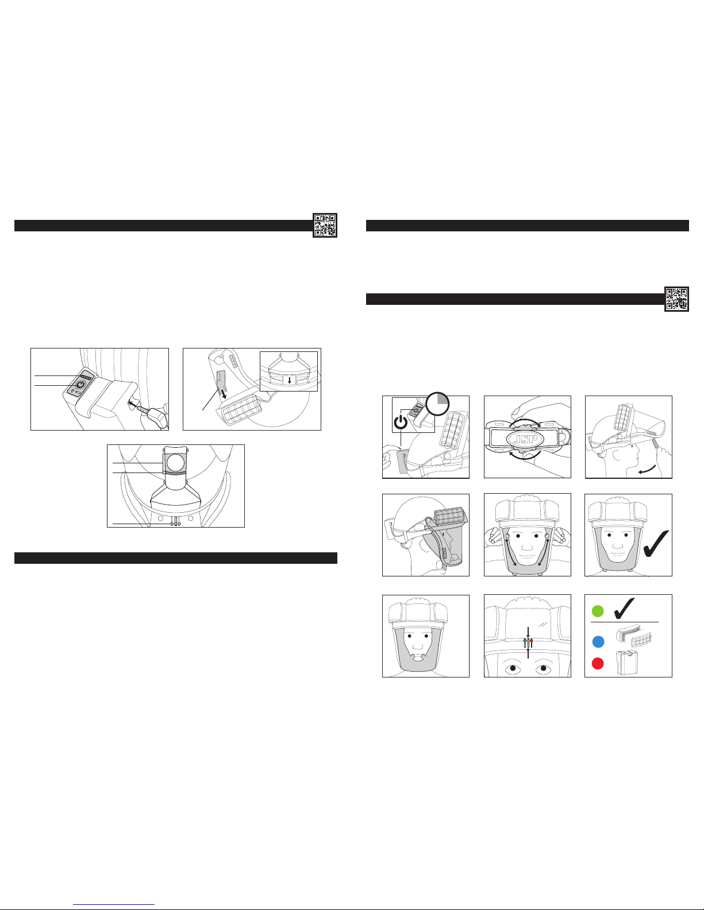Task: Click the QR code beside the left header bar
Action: (x=325, y=225)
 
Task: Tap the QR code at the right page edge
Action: (x=676, y=299)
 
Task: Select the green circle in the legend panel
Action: (x=598, y=611)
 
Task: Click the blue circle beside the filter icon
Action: (x=598, y=641)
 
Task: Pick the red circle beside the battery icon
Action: (x=598, y=663)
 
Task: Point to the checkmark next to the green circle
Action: (x=624, y=609)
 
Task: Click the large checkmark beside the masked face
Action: (x=656, y=544)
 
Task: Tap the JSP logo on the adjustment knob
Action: (x=525, y=439)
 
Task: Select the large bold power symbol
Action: (x=401, y=422)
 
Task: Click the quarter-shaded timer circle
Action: (x=437, y=404)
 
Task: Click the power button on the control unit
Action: (x=80, y=385)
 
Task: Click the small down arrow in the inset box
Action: (x=289, y=380)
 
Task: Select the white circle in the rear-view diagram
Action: (x=175, y=463)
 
